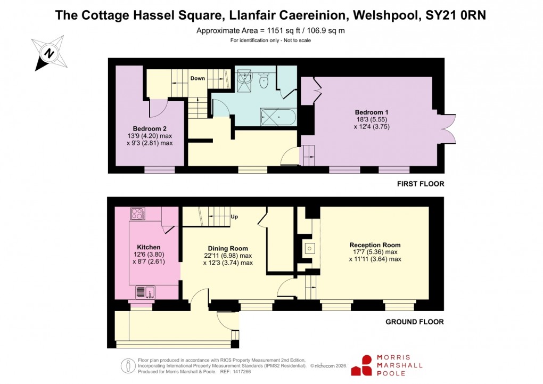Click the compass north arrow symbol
(49, 53)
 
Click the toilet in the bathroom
(263, 81)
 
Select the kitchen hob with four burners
(138, 214)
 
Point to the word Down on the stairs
(198, 78)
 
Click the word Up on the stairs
(234, 217)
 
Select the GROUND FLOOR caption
(415, 322)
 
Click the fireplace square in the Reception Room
(310, 248)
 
